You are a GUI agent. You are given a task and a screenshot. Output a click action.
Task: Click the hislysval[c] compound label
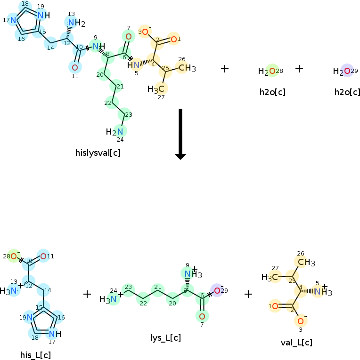98,152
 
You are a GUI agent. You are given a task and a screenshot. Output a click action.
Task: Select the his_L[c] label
35,355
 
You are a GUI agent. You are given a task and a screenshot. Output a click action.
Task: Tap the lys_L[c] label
165,338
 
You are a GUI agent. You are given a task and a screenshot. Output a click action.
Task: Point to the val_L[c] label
296,343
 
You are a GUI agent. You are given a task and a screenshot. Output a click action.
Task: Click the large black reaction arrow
180,134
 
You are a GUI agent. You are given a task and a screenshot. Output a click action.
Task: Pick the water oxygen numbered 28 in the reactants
271,71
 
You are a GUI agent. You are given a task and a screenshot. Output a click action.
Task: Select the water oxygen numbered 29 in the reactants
347,71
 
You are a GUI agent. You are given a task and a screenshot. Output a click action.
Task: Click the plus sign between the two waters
299,69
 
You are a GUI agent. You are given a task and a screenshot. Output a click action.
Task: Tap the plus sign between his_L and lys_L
87,294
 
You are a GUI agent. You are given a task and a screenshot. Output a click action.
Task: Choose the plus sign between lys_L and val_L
248,294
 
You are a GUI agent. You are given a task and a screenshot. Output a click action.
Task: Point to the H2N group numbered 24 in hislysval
117,132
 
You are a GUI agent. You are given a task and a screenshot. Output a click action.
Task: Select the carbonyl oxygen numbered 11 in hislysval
75,67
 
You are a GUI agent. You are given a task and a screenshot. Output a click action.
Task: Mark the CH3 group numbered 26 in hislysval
186,68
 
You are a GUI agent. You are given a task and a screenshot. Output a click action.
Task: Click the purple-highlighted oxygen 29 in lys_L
216,290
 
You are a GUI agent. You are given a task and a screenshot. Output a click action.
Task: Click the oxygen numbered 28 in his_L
14,256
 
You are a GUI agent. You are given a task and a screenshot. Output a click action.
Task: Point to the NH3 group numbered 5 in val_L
322,292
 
